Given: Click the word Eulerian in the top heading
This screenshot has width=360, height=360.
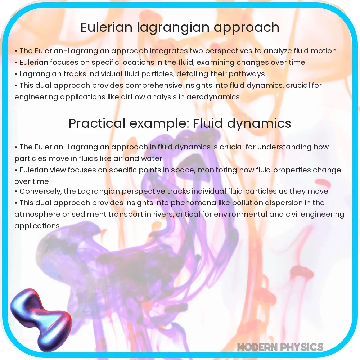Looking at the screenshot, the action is (107, 27).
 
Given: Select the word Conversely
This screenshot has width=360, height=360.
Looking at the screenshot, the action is (40, 192).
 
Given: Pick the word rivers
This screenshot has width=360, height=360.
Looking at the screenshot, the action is (164, 215).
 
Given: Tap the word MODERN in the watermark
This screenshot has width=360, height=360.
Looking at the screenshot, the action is (256, 347).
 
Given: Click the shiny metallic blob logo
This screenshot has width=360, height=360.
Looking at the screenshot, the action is (41, 320).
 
